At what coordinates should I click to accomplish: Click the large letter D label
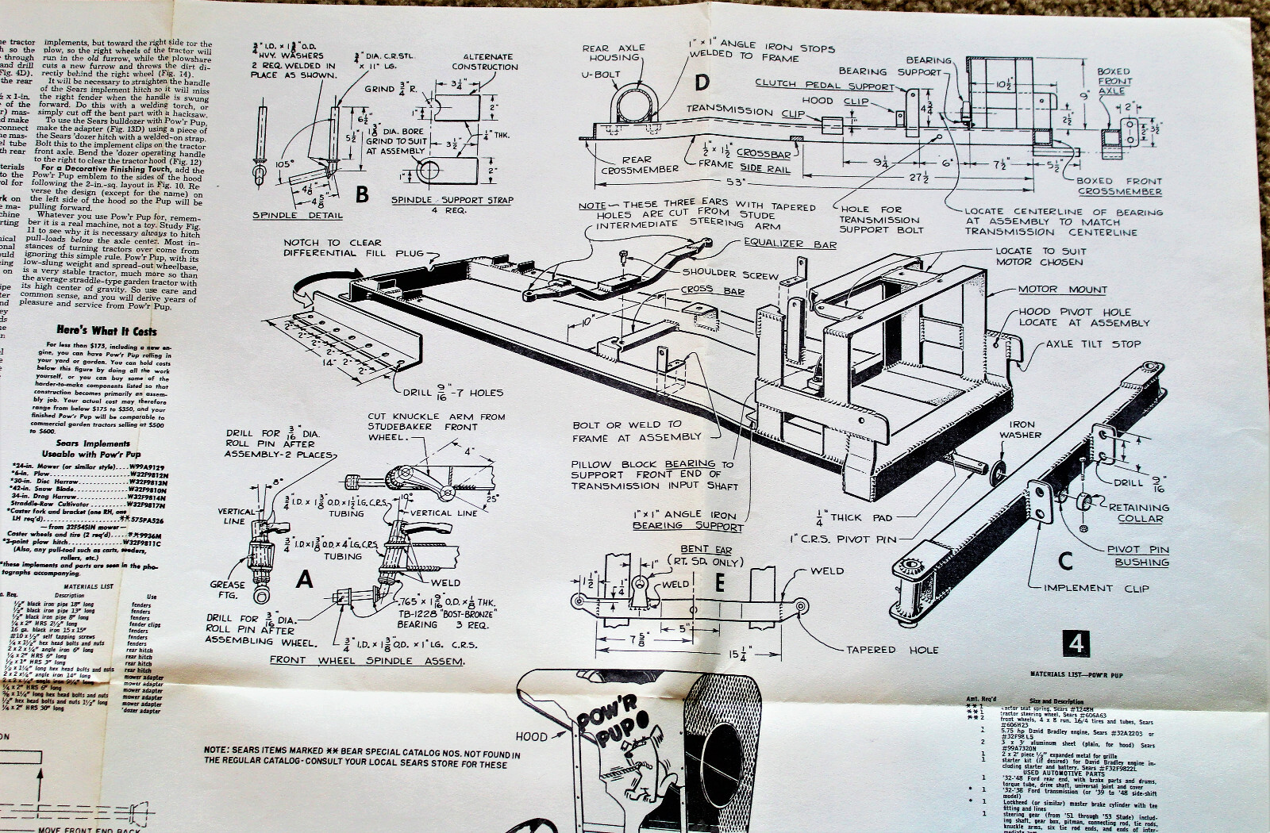[701, 83]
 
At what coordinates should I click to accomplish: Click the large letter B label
[362, 194]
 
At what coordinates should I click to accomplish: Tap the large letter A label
[304, 580]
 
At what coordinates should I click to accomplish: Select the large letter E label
[719, 583]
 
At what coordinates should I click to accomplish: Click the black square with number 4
[1076, 643]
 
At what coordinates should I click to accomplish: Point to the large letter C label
[1065, 561]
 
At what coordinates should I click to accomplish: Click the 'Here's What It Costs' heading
[106, 330]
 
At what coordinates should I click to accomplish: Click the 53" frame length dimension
[736, 182]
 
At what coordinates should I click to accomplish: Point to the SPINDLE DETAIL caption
[298, 215]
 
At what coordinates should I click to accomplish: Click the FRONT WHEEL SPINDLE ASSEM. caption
[368, 660]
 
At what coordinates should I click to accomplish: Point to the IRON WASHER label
[1021, 429]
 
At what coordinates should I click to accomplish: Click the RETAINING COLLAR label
[1139, 512]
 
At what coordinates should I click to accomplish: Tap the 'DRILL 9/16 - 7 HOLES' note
[452, 392]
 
